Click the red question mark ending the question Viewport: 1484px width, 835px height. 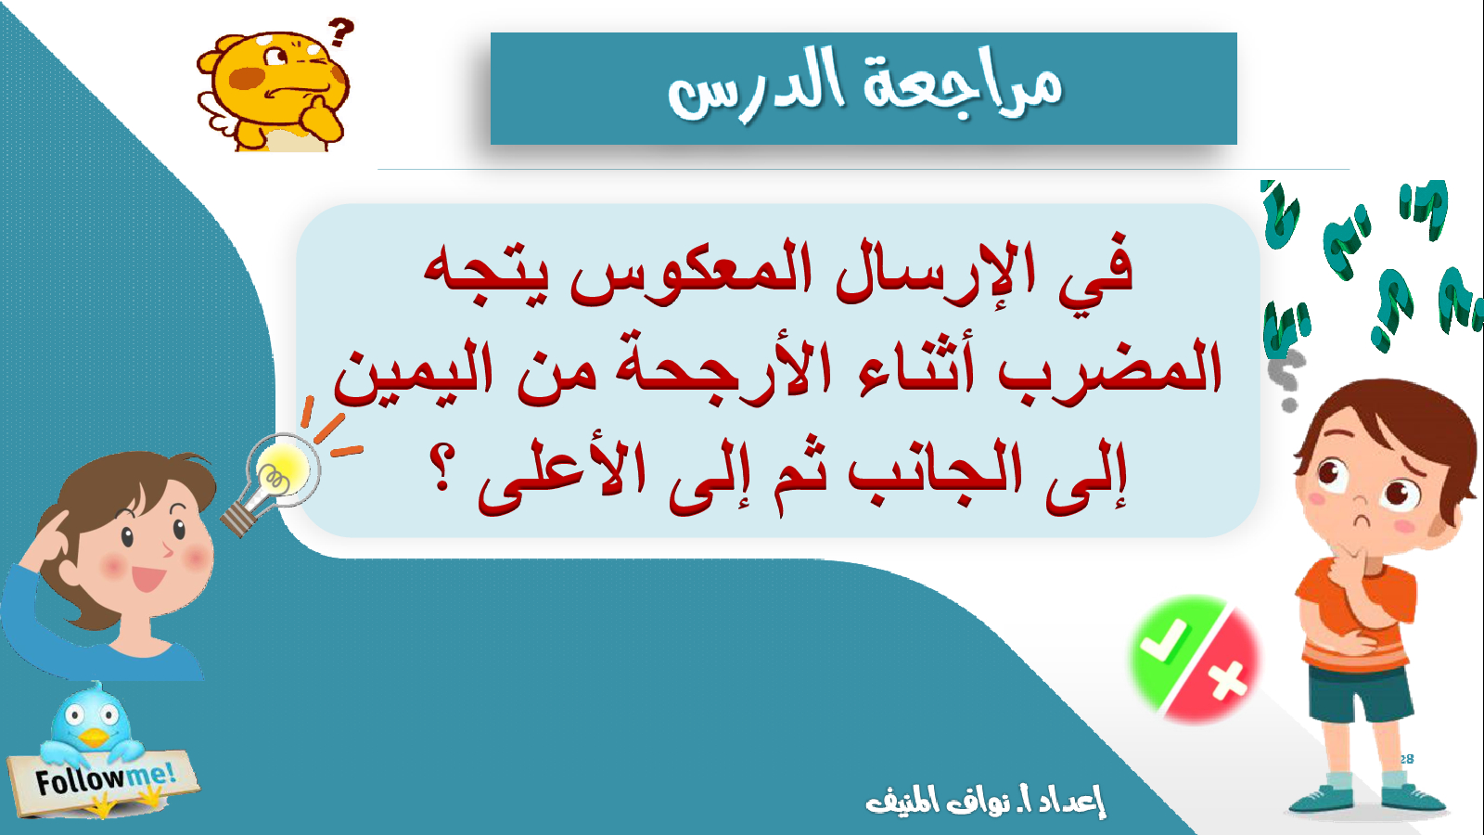click(441, 467)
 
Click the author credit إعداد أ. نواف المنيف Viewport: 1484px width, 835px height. click(985, 801)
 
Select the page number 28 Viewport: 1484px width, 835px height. click(1406, 760)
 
